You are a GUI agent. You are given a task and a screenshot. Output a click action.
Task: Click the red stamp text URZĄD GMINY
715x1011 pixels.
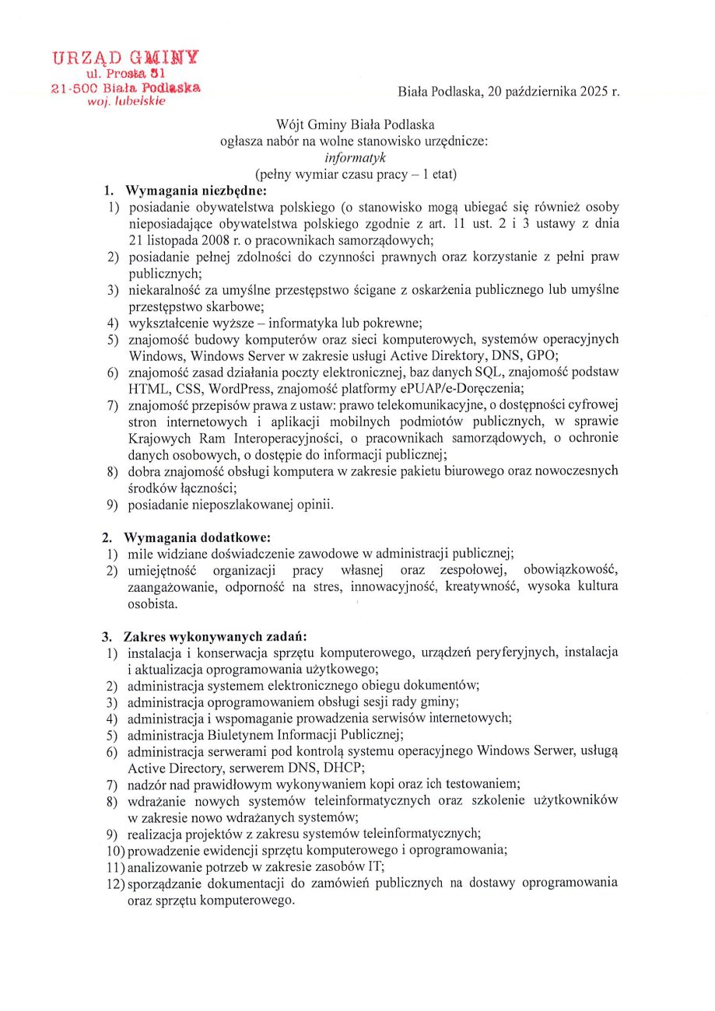(x=124, y=57)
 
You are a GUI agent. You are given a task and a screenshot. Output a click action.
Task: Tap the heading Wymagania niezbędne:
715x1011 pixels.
(x=197, y=191)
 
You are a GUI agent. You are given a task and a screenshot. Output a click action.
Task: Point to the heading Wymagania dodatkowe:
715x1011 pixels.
(x=197, y=537)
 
